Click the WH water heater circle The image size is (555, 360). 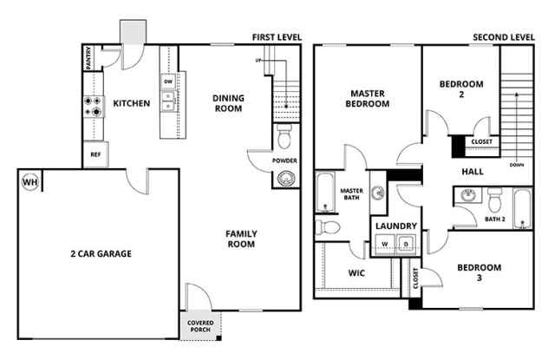[30, 182]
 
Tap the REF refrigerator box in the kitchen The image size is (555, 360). [95, 154]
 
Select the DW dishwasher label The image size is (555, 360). [168, 82]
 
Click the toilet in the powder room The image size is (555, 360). [284, 137]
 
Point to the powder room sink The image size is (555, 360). [286, 178]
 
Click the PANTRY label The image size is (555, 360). [88, 58]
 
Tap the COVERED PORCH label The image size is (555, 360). [200, 326]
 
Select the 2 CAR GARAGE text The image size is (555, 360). [101, 253]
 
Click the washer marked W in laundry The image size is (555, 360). [385, 244]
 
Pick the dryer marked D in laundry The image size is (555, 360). [407, 244]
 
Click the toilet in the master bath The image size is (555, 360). [328, 227]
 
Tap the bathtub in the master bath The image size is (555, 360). [325, 193]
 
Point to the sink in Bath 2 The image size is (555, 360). [468, 195]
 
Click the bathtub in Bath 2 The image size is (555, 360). [522, 209]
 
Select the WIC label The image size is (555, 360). [356, 273]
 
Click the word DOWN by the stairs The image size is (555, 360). [517, 165]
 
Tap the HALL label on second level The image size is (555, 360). [473, 172]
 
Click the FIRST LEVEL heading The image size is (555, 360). [277, 37]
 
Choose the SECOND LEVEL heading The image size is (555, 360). [504, 37]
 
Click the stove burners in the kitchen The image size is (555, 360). [93, 107]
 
